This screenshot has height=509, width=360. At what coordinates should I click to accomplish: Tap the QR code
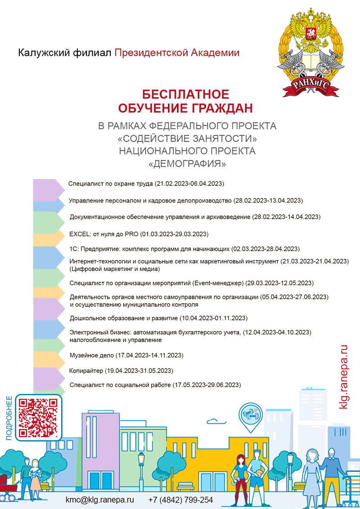(x=39, y=417)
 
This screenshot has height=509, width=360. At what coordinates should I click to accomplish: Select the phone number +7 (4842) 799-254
(x=180, y=500)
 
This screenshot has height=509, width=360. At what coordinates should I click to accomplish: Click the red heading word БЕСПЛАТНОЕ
(x=186, y=95)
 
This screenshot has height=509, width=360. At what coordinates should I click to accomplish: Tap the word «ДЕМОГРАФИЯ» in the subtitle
(x=187, y=164)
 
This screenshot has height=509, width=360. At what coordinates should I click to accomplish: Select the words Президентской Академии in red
(x=177, y=53)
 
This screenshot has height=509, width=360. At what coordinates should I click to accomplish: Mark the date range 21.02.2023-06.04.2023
(x=189, y=184)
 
